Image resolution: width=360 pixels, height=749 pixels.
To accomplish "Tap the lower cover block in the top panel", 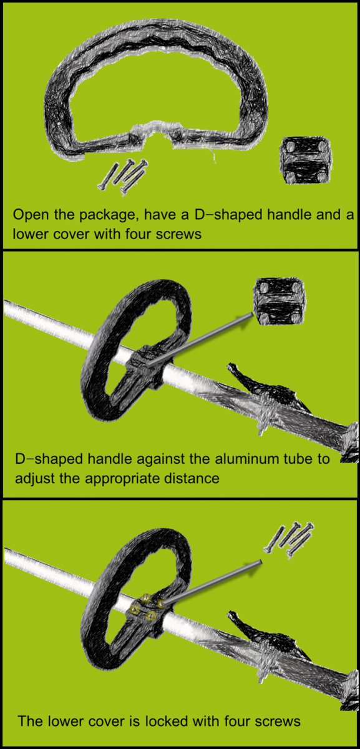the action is tap(306, 160).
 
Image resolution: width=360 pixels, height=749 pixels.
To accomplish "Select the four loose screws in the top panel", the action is tap(123, 177).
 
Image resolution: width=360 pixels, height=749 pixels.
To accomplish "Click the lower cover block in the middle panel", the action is tap(280, 301).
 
